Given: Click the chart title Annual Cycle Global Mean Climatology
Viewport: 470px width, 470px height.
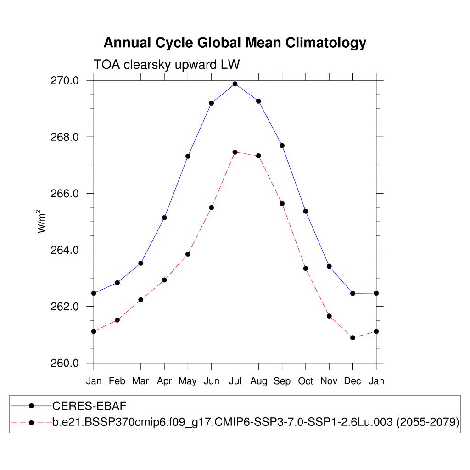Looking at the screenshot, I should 235,43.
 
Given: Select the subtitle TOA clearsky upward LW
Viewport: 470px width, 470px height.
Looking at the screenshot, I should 166,65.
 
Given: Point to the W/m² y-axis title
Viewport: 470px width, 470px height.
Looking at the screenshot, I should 42,222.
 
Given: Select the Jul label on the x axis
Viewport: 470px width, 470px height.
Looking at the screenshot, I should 235,381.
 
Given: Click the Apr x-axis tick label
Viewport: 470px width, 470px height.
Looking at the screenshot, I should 164,381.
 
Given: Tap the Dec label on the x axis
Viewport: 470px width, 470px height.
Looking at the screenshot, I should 352,381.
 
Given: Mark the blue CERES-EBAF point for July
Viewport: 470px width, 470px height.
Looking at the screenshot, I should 235,84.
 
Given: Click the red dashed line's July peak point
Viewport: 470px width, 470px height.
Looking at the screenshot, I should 235,152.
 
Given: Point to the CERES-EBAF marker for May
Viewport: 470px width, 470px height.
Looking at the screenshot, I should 188,157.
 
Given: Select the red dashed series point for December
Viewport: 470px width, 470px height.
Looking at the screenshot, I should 352,337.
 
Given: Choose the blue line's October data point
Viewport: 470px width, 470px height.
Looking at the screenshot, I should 306,211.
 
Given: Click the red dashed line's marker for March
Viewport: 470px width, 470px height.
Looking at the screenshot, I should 141,300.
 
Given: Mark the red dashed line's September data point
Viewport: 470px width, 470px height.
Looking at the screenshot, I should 282,203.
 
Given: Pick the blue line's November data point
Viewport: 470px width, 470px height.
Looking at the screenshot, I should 329,266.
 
